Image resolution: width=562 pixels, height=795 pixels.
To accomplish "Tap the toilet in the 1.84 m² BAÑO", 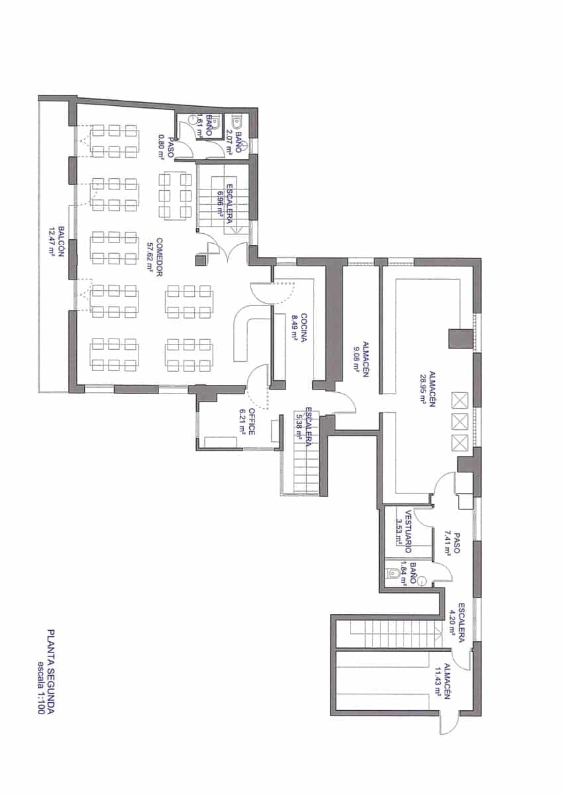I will tap(395, 574).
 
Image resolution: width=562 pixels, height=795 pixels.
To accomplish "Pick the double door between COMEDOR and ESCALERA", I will tap(222, 252).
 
